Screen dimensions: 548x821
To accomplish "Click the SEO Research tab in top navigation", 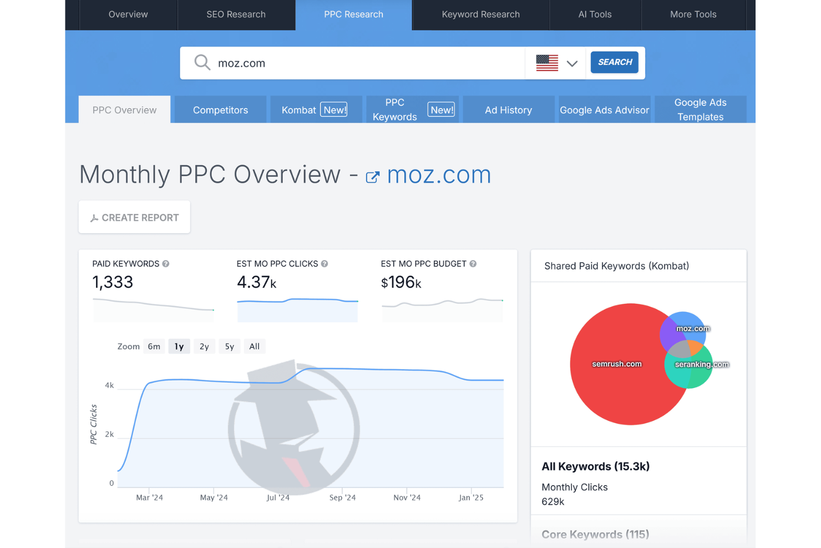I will coord(236,14).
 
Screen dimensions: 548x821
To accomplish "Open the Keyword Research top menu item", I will coord(480,14).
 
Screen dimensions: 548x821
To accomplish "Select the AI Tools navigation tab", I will coord(595,14).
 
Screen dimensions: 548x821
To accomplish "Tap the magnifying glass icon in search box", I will coord(202,63).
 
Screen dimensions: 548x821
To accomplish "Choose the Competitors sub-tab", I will coord(220,110).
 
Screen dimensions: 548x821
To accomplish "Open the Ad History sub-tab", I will coord(508,110).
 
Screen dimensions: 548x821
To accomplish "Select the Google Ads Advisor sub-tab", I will coord(604,110).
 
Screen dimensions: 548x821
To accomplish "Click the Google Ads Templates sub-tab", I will coord(700,110).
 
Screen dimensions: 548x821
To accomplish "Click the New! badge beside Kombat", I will coord(334,110).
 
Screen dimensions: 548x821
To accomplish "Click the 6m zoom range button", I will coord(154,346).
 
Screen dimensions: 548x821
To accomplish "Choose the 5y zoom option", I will coord(229,346).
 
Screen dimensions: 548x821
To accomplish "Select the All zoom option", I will coord(254,346).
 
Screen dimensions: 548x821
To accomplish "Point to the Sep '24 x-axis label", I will coord(342,497).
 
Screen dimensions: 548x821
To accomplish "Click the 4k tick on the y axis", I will coord(109,385).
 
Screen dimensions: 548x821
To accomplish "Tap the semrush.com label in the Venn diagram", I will coord(616,364).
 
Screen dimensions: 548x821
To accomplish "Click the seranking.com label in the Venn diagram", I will coord(701,365).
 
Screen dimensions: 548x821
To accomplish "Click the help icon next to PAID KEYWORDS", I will coord(166,264).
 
